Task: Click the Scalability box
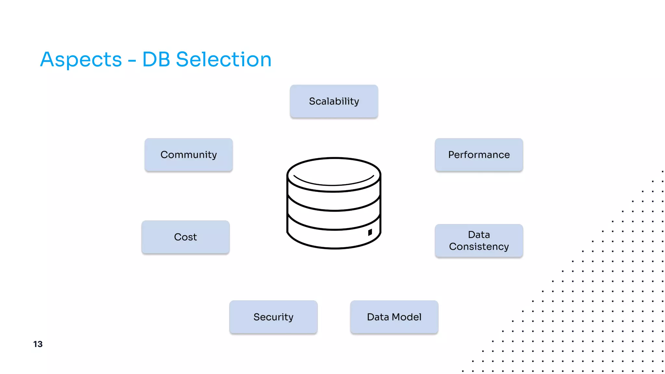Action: coord(334,101)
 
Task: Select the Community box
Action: coord(188,155)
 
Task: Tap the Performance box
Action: coord(479,155)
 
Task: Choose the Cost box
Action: coord(185,237)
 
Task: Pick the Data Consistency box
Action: coord(479,241)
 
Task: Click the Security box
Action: coord(273,317)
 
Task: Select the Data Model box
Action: coord(394,317)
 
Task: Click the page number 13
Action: coord(38,344)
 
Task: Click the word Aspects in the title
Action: coord(81,60)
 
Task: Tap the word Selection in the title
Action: coord(223,60)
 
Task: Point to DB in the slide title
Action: coord(156,60)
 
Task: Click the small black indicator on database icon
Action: coord(370,232)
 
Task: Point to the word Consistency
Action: coord(479,247)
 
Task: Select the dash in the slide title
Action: coord(132,60)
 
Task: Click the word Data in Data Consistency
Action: coord(479,234)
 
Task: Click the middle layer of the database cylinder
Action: coord(334,220)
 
